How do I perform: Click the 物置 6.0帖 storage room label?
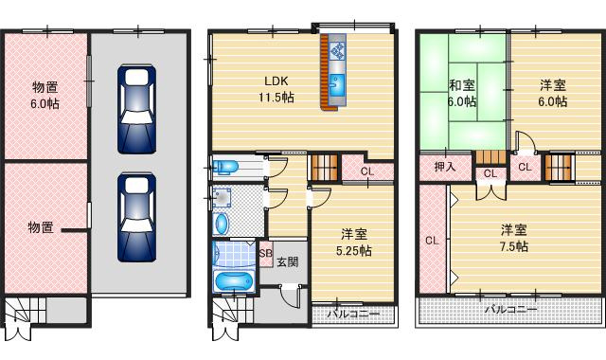45,97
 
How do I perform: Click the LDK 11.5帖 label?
275,88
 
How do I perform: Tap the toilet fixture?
226,169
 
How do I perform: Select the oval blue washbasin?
222,224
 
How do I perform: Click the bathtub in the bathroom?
232,282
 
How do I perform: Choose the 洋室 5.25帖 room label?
355,242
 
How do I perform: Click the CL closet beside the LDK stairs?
366,171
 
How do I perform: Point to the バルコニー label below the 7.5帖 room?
510,310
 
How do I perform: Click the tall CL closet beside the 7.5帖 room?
432,240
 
